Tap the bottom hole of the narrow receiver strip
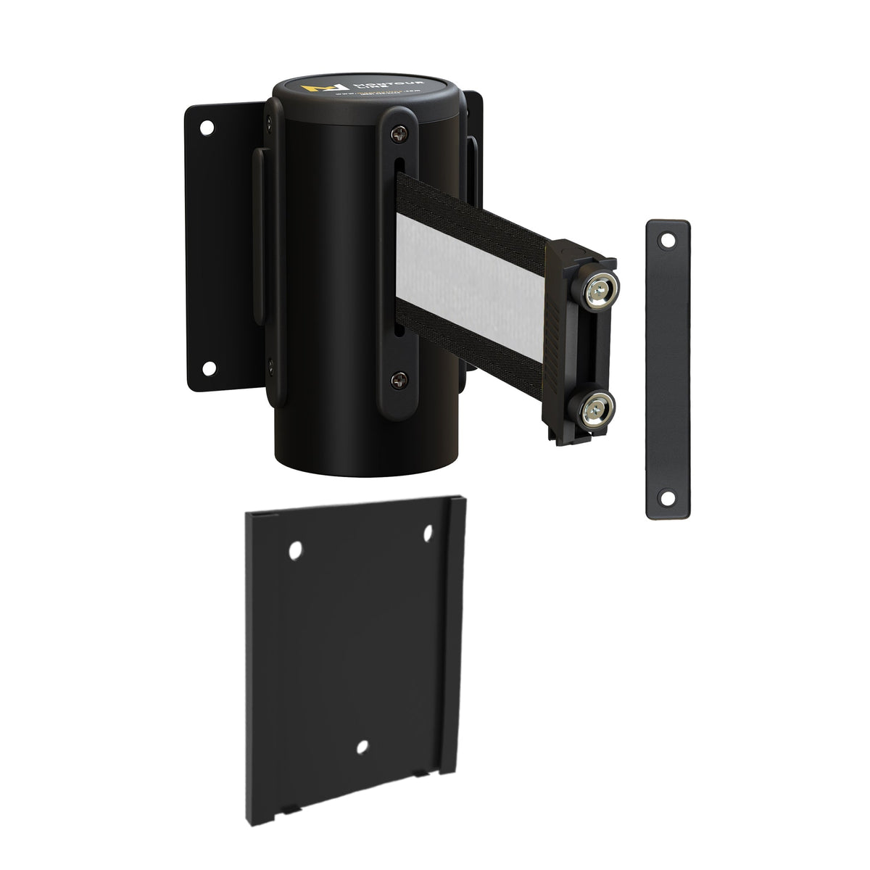tap(666, 497)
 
